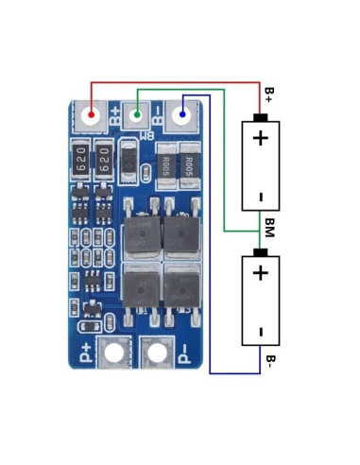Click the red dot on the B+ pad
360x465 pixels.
92,116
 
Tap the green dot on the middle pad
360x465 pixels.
138,116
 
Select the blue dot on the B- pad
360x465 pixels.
181,116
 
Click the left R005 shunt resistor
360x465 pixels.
165,166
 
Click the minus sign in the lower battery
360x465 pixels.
260,331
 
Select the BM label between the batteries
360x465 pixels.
269,229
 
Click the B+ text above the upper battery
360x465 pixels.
269,95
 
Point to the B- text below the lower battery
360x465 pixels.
269,364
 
